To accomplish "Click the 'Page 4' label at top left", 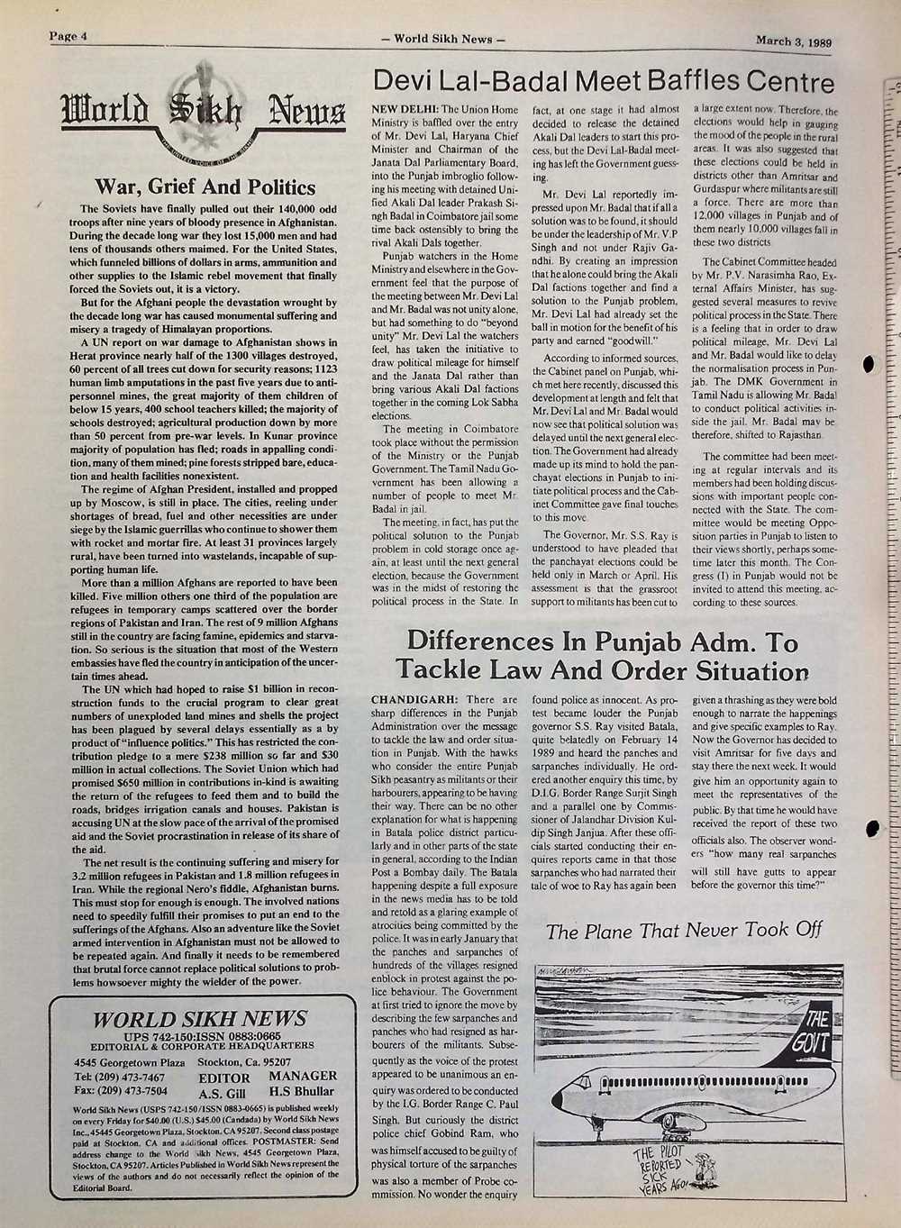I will pos(66,37).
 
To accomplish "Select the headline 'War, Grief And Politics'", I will pos(205,187).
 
